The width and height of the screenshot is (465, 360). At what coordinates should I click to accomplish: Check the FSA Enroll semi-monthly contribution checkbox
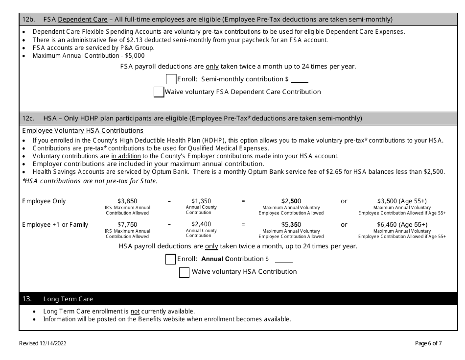tap(171, 79)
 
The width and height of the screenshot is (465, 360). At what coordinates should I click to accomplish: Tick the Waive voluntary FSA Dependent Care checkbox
tap(159, 92)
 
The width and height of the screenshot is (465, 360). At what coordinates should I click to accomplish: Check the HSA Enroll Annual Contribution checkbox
tap(170, 259)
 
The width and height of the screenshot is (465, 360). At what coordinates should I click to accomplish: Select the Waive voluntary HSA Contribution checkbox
tap(184, 272)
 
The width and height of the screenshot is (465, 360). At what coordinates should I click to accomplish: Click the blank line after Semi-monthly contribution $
tap(300, 80)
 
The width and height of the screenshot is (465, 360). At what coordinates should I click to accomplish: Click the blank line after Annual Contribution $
tap(283, 260)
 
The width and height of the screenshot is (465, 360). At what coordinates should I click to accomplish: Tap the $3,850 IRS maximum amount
tap(127, 201)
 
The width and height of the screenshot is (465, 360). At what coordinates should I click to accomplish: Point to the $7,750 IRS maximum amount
tap(127, 225)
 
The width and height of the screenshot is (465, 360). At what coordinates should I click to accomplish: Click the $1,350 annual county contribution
tap(201, 201)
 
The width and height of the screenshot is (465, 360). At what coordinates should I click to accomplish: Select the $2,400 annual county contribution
tap(201, 225)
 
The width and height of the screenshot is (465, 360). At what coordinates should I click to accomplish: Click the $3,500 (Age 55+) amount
tap(402, 201)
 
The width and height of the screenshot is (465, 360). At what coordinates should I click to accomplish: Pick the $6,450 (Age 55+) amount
tap(402, 225)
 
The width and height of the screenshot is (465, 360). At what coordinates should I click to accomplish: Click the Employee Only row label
tap(44, 201)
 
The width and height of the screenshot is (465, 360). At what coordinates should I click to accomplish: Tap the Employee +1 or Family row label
tap(55, 225)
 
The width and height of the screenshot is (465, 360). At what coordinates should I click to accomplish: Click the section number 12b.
tap(29, 20)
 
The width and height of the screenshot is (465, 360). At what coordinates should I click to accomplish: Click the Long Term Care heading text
tap(68, 299)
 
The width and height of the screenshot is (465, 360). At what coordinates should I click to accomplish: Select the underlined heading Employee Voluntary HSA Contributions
tap(83, 131)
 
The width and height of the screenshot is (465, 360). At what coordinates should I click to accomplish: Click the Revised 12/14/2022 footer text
tap(43, 343)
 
